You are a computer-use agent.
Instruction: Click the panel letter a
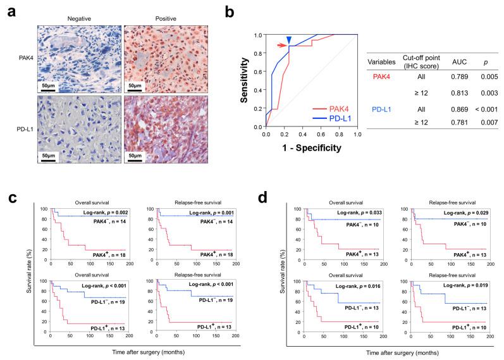7,11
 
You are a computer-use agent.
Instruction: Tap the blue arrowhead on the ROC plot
289,39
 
